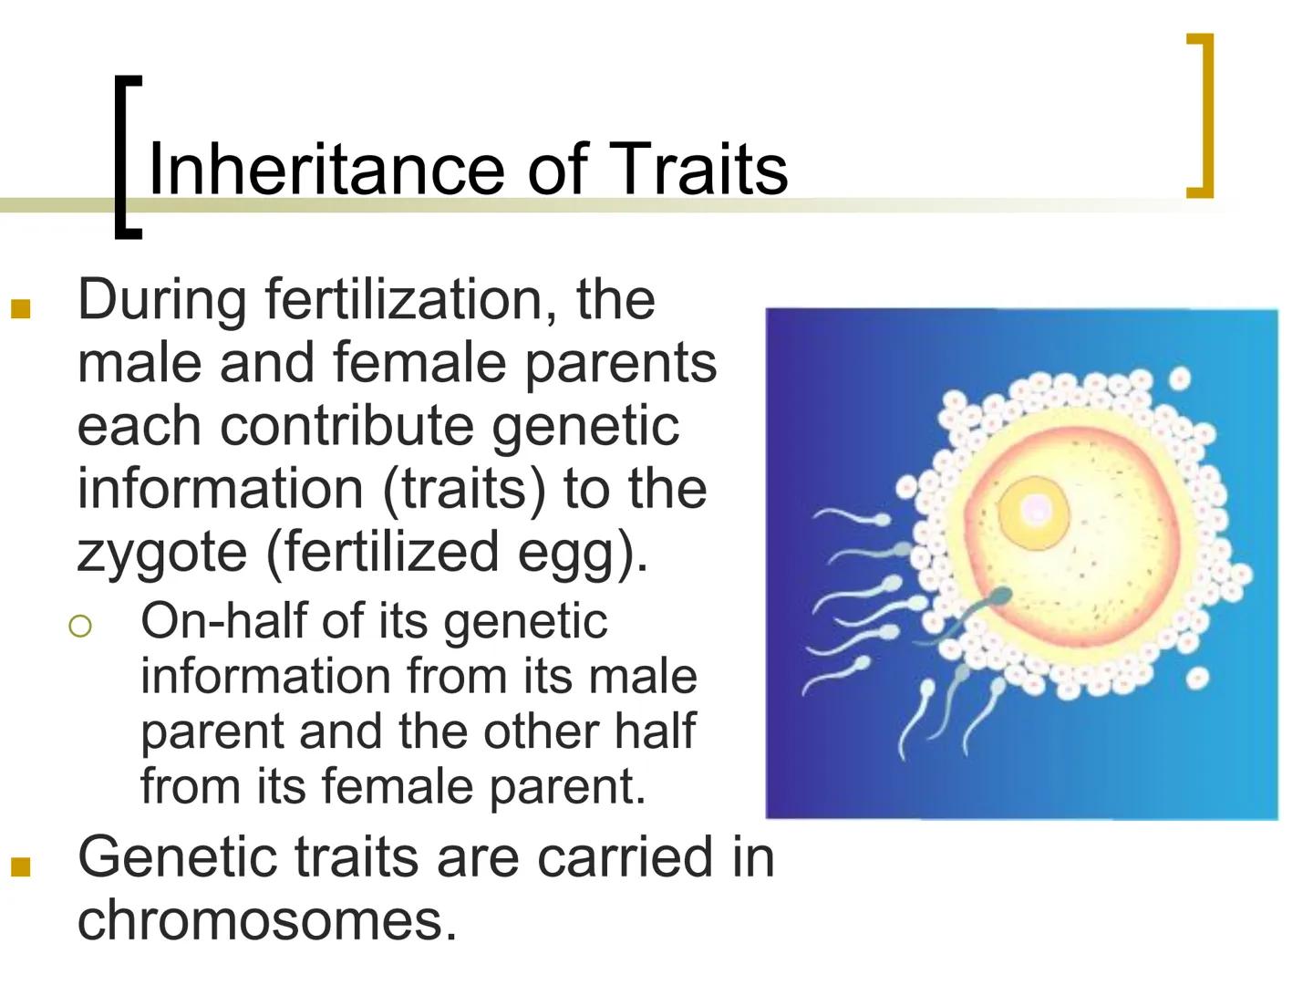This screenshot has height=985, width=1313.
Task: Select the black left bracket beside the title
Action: [126, 155]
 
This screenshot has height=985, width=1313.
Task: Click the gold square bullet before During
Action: [20, 308]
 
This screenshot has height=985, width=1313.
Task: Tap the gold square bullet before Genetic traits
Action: [20, 866]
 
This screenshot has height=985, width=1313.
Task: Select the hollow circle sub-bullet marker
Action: [80, 626]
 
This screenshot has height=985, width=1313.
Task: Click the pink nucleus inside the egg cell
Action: [1035, 510]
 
